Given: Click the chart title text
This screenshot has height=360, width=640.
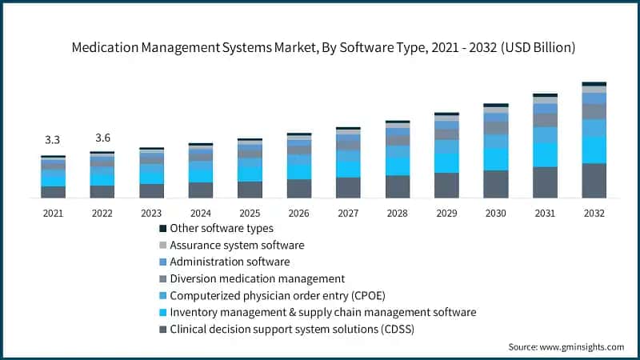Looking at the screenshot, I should coord(320,47).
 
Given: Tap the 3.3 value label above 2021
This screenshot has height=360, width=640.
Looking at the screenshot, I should coord(53,139).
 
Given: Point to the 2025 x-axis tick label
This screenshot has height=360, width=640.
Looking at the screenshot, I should coord(250,214).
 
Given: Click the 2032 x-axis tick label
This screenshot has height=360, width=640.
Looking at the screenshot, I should coord(594,214).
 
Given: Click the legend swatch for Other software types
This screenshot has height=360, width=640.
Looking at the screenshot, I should coord(162,229).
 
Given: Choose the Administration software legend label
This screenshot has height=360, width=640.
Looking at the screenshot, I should coord(230,262).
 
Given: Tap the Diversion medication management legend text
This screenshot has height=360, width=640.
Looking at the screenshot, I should coord(258,278).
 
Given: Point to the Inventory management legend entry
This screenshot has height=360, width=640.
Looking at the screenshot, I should coord(324,312).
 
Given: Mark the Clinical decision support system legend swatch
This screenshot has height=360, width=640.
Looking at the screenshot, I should coord(162,329).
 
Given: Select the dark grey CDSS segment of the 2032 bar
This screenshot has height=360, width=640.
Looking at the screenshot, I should coord(594,181).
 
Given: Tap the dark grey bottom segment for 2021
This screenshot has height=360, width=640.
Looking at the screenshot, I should coord(53,192).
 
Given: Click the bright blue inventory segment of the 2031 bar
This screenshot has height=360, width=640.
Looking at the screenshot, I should coord(545,154).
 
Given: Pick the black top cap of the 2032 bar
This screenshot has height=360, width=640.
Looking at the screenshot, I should coord(594,83).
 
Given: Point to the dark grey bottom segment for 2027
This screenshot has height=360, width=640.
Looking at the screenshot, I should coord(348,187).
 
